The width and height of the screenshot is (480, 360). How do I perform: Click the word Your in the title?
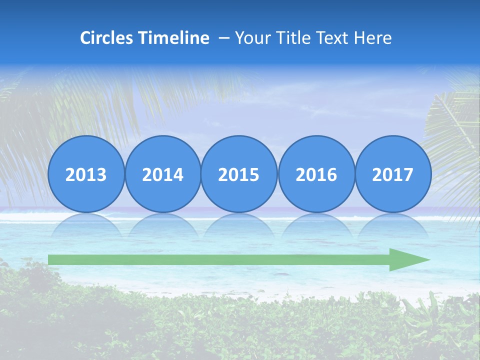point(251,38)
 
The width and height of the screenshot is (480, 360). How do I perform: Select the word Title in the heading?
point(291,38)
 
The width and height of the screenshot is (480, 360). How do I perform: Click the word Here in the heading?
point(372,38)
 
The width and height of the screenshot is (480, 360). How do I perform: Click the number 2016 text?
point(316,175)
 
